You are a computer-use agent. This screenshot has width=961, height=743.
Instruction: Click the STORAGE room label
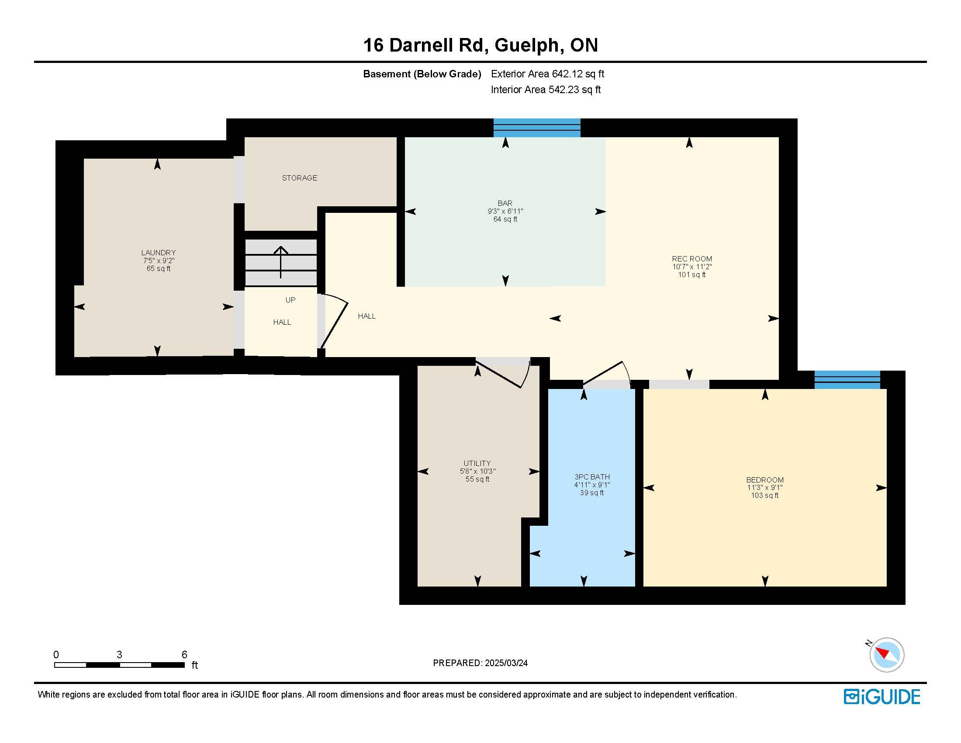point(300,178)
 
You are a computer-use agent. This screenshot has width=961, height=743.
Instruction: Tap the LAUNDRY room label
point(159,253)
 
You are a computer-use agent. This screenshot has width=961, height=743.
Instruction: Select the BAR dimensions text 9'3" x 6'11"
point(505,211)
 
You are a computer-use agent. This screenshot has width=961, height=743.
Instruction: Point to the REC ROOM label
point(692,259)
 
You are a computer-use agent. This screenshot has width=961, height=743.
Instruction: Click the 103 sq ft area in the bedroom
point(765,495)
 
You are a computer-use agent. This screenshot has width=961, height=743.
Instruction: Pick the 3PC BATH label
point(592,477)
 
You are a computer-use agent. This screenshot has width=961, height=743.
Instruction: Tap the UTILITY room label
point(477,463)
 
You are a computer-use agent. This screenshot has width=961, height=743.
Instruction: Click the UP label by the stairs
point(290,300)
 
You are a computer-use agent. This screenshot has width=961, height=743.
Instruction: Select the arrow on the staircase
point(281,262)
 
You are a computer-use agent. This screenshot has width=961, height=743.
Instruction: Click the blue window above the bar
point(537,128)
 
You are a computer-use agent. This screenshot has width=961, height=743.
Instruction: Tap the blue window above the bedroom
point(847,380)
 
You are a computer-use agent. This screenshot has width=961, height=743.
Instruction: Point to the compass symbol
point(886,655)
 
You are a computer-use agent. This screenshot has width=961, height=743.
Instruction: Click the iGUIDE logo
point(882,697)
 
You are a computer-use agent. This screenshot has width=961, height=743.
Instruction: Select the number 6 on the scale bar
point(184,655)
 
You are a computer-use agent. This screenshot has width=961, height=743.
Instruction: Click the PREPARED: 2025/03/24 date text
point(480,663)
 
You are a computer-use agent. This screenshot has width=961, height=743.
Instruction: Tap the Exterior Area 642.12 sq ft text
point(547,74)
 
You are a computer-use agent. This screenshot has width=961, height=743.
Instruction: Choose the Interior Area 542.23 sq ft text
point(546,90)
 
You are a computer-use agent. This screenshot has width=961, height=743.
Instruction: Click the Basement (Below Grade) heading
point(422,74)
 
